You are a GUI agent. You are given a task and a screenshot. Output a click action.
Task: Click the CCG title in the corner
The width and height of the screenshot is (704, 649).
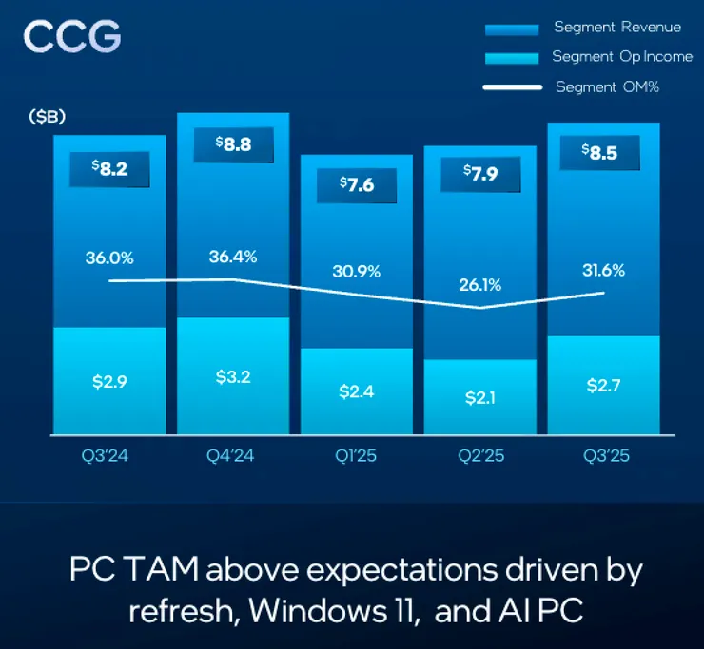coord(72,37)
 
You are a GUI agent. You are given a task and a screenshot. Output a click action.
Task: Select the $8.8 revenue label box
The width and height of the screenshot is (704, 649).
coord(233,145)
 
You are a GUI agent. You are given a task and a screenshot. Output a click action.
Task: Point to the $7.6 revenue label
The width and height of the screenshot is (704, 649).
coord(357,186)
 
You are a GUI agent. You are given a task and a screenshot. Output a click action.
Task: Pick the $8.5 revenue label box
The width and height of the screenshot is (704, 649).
coord(603,153)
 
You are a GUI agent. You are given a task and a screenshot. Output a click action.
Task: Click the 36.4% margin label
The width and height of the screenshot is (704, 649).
coord(232,257)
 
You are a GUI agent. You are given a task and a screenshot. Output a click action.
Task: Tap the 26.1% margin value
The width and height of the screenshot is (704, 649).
coord(479,284)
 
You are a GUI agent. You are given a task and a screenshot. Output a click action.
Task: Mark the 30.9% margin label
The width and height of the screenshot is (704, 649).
coord(357,271)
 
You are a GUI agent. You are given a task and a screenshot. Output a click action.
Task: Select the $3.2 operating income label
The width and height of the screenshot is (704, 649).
coord(233,377)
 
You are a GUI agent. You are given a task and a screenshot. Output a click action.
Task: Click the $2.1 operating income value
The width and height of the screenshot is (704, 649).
coord(479,398)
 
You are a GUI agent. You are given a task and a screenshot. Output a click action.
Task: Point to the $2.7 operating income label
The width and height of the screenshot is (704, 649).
coord(603,387)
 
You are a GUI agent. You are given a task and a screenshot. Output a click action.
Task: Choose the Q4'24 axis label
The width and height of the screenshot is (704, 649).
coord(233,456)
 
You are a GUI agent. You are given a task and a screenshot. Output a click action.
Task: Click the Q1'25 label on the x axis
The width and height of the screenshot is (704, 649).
coord(357,456)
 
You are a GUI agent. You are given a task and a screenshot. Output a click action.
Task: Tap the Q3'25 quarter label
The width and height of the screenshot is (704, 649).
coord(603,456)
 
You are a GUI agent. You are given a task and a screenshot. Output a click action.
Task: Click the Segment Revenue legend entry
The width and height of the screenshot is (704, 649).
coord(617,28)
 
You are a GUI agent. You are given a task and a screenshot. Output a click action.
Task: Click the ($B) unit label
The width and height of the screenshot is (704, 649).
coord(47,117)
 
